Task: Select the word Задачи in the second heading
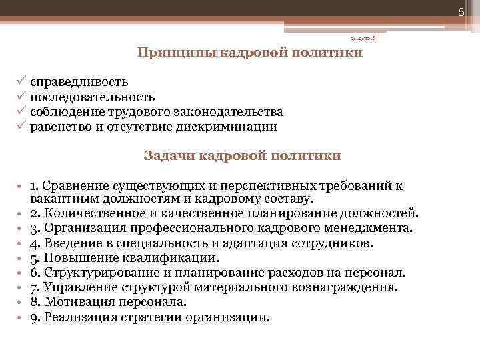pyautogui.click(x=166, y=156)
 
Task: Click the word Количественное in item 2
pyautogui.click(x=91, y=213)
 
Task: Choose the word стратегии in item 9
pyautogui.click(x=157, y=317)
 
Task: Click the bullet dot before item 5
pyautogui.click(x=21, y=258)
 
